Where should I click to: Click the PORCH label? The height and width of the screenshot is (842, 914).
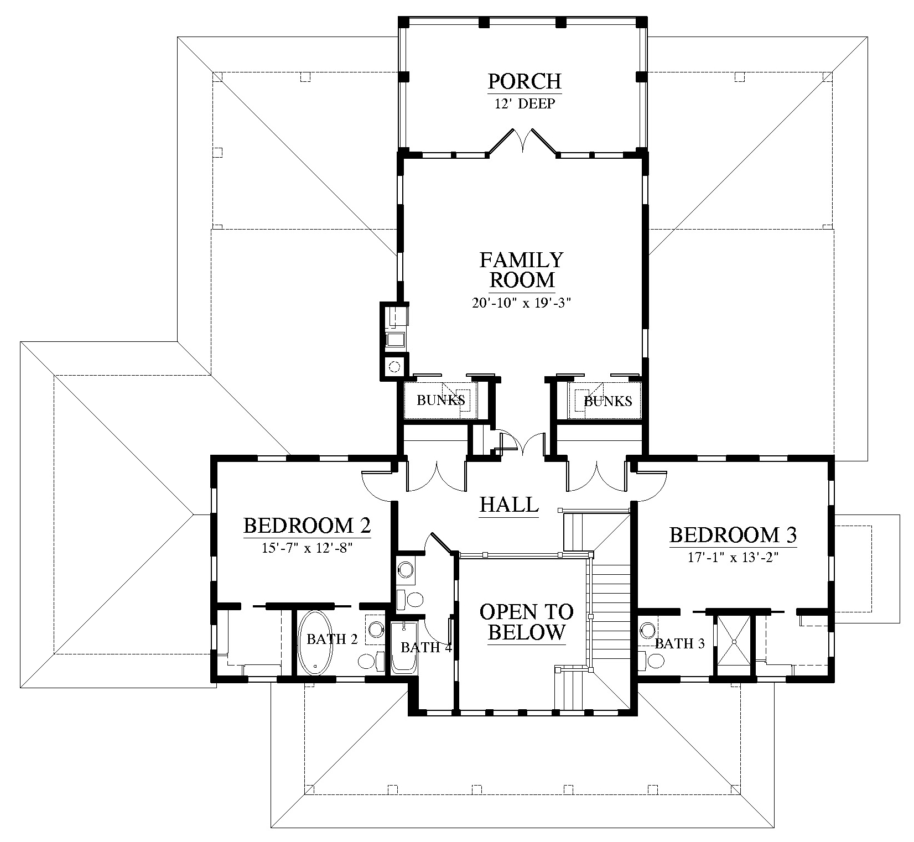click(x=524, y=81)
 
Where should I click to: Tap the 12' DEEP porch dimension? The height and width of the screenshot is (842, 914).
click(x=524, y=103)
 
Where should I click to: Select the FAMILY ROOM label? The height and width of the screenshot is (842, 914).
click(x=522, y=269)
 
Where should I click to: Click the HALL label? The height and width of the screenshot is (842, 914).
click(x=509, y=505)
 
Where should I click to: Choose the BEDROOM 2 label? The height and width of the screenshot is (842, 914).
click(x=307, y=525)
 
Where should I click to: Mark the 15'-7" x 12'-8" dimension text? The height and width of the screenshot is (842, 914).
click(x=307, y=548)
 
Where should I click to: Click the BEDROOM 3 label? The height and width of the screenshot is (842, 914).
click(x=733, y=535)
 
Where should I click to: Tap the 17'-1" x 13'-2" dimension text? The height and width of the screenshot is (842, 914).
click(x=733, y=558)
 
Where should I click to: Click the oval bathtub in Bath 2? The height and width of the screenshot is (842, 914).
click(x=316, y=642)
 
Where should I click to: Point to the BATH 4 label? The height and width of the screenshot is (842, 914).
click(x=426, y=647)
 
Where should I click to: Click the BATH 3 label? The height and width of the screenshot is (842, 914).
click(x=679, y=643)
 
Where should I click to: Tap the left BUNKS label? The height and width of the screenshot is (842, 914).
click(x=440, y=400)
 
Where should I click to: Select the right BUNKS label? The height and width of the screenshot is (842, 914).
click(x=608, y=401)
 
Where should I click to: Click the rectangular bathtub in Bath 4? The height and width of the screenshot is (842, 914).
click(x=404, y=647)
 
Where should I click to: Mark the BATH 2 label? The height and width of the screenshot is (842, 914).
click(x=332, y=639)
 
